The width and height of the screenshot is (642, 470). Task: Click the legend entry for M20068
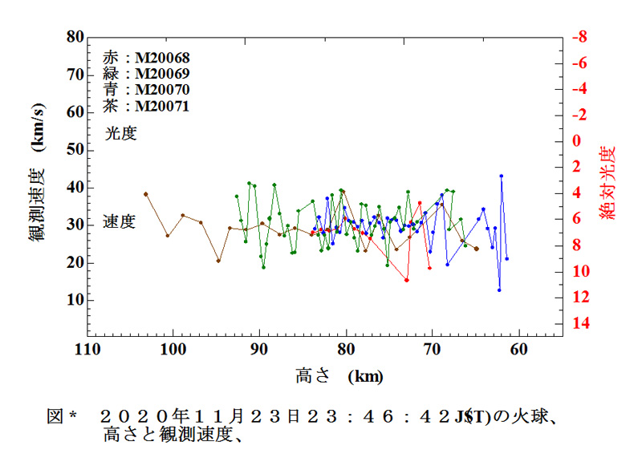click(x=146, y=57)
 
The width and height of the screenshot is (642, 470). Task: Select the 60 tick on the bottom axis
click(x=519, y=350)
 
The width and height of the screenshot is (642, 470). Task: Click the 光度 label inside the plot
click(x=120, y=134)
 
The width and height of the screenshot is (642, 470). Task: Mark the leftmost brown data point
click(x=146, y=194)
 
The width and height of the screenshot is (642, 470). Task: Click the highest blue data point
click(x=502, y=176)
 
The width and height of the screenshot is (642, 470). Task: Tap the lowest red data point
click(x=407, y=280)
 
